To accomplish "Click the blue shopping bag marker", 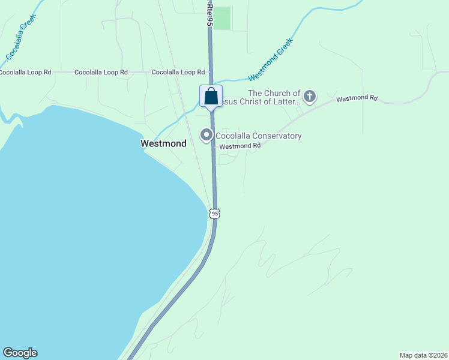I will pyautogui.click(x=211, y=96).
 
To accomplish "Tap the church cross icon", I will pyautogui.click(x=310, y=96).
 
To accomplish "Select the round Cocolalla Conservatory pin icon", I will pyautogui.click(x=206, y=136).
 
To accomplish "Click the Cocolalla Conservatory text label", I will pyautogui.click(x=258, y=136).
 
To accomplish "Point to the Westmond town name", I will pyautogui.click(x=163, y=143).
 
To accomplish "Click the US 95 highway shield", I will pyautogui.click(x=215, y=213).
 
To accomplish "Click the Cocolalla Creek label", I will pyautogui.click(x=21, y=37).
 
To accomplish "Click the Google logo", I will pyautogui.click(x=20, y=353).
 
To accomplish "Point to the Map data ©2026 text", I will pyautogui.click(x=423, y=355).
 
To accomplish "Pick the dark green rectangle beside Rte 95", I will pyautogui.click(x=222, y=18).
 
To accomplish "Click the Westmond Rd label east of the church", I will pyautogui.click(x=357, y=98).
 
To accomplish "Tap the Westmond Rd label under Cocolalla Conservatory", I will pyautogui.click(x=240, y=146).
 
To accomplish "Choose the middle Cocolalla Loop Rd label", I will pyautogui.click(x=101, y=72).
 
